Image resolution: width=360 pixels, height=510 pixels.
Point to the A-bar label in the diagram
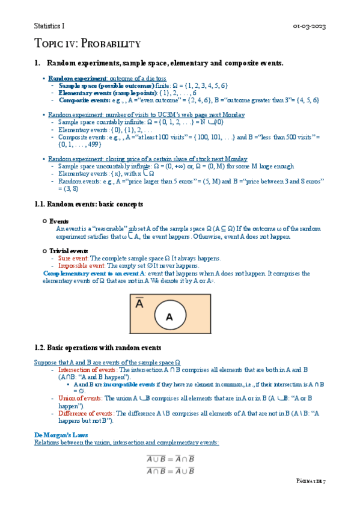pyautogui.click(x=139, y=304)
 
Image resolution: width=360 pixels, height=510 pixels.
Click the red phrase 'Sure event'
pyautogui.click(x=72, y=259)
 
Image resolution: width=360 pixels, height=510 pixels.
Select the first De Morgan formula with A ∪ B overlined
pyautogui.click(x=171, y=459)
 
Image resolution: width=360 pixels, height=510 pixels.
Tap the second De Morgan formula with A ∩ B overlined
pyautogui.click(x=171, y=471)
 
